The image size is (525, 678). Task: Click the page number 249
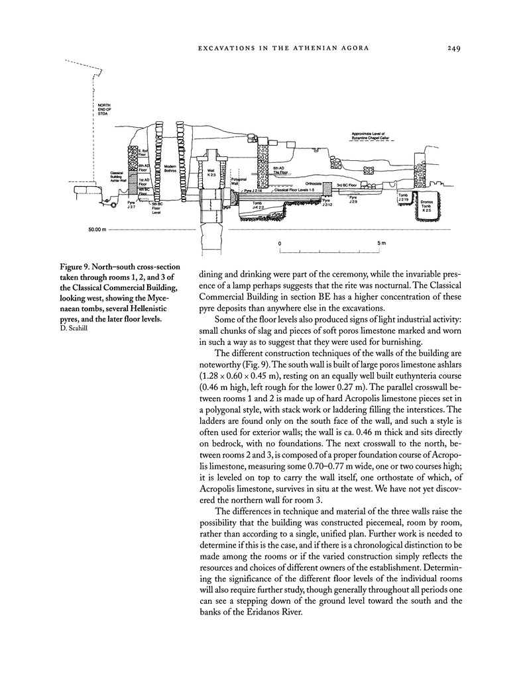pyautogui.click(x=454, y=47)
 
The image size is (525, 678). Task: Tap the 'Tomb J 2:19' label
pyautogui.click(x=403, y=197)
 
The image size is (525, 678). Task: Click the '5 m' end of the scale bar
pyautogui.click(x=382, y=244)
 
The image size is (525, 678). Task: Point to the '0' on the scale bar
pyautogui.click(x=280, y=244)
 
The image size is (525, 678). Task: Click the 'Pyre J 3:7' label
pyautogui.click(x=133, y=206)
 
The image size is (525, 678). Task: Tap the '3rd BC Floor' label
pyautogui.click(x=347, y=185)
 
